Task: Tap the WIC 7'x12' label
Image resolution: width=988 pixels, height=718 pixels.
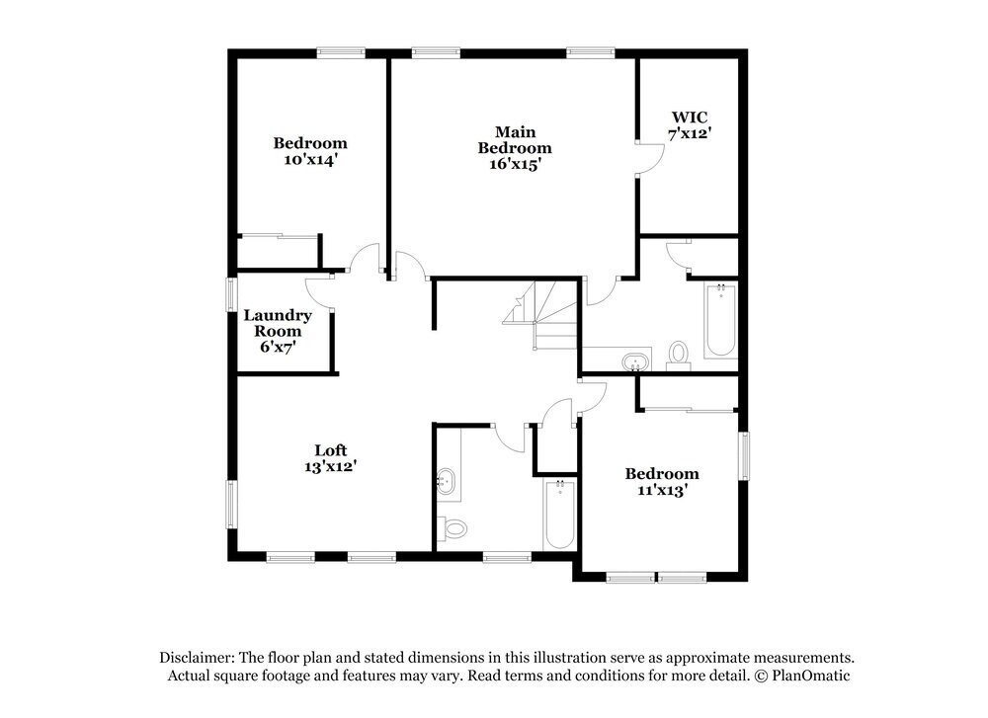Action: coord(690,125)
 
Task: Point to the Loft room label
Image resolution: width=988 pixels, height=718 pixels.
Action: coord(331,450)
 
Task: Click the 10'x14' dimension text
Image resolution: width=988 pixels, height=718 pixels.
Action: coord(310,159)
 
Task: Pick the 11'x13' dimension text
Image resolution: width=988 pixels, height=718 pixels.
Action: coord(662,490)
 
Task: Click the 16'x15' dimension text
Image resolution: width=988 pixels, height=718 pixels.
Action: coord(516,164)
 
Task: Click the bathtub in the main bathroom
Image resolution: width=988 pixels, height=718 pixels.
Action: coord(721,321)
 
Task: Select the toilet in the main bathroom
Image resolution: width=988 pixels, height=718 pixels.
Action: coord(679,356)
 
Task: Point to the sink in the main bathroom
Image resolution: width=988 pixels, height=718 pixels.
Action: coord(635,362)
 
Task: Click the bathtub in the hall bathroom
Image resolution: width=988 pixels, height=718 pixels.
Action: coord(559,515)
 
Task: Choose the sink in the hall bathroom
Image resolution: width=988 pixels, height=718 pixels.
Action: coord(447,482)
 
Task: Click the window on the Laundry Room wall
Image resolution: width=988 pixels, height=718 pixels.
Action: coord(231,294)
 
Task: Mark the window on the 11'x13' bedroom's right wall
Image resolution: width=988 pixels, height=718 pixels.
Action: coord(744,456)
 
